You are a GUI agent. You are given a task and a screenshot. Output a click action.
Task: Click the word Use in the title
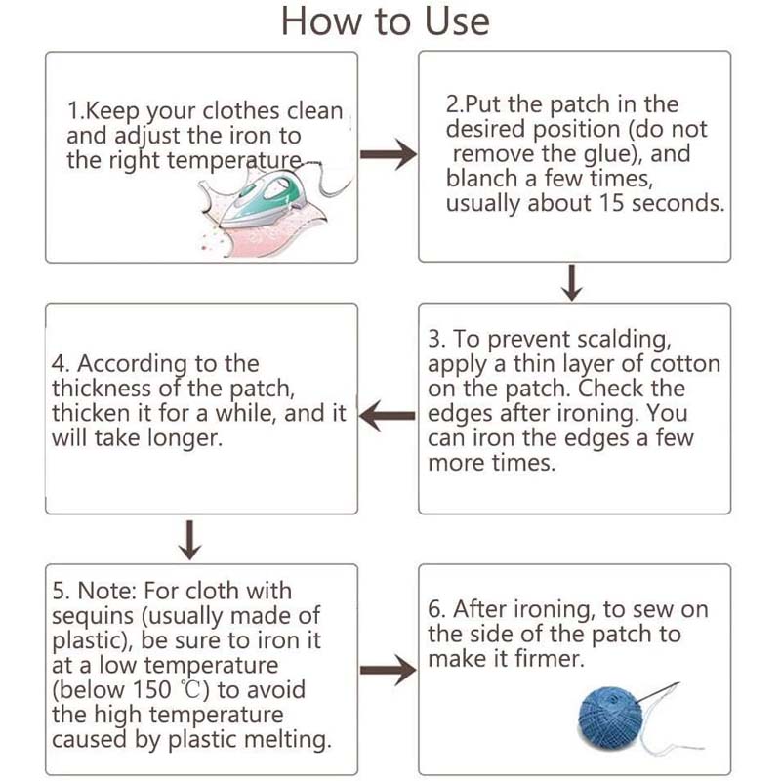tap(457, 21)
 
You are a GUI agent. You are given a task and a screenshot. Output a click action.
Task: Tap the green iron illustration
tap(263, 198)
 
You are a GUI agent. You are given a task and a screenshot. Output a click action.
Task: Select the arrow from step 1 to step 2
tap(389, 154)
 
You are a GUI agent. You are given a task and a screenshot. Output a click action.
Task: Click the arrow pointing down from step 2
tap(572, 282)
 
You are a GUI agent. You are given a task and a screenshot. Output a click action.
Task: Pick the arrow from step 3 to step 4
tap(387, 416)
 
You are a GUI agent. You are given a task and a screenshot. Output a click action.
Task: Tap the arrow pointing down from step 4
tap(189, 541)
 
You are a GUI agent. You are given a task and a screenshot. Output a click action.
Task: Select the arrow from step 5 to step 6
tap(389, 670)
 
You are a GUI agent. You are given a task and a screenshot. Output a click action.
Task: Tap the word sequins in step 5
tap(93, 617)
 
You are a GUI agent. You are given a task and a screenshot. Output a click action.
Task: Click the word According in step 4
tap(132, 364)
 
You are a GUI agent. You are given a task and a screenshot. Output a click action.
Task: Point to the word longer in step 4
tap(185, 438)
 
